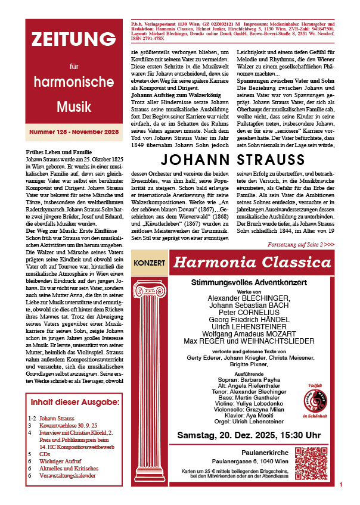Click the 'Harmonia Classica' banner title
253,262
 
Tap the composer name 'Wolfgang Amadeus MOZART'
249,334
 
